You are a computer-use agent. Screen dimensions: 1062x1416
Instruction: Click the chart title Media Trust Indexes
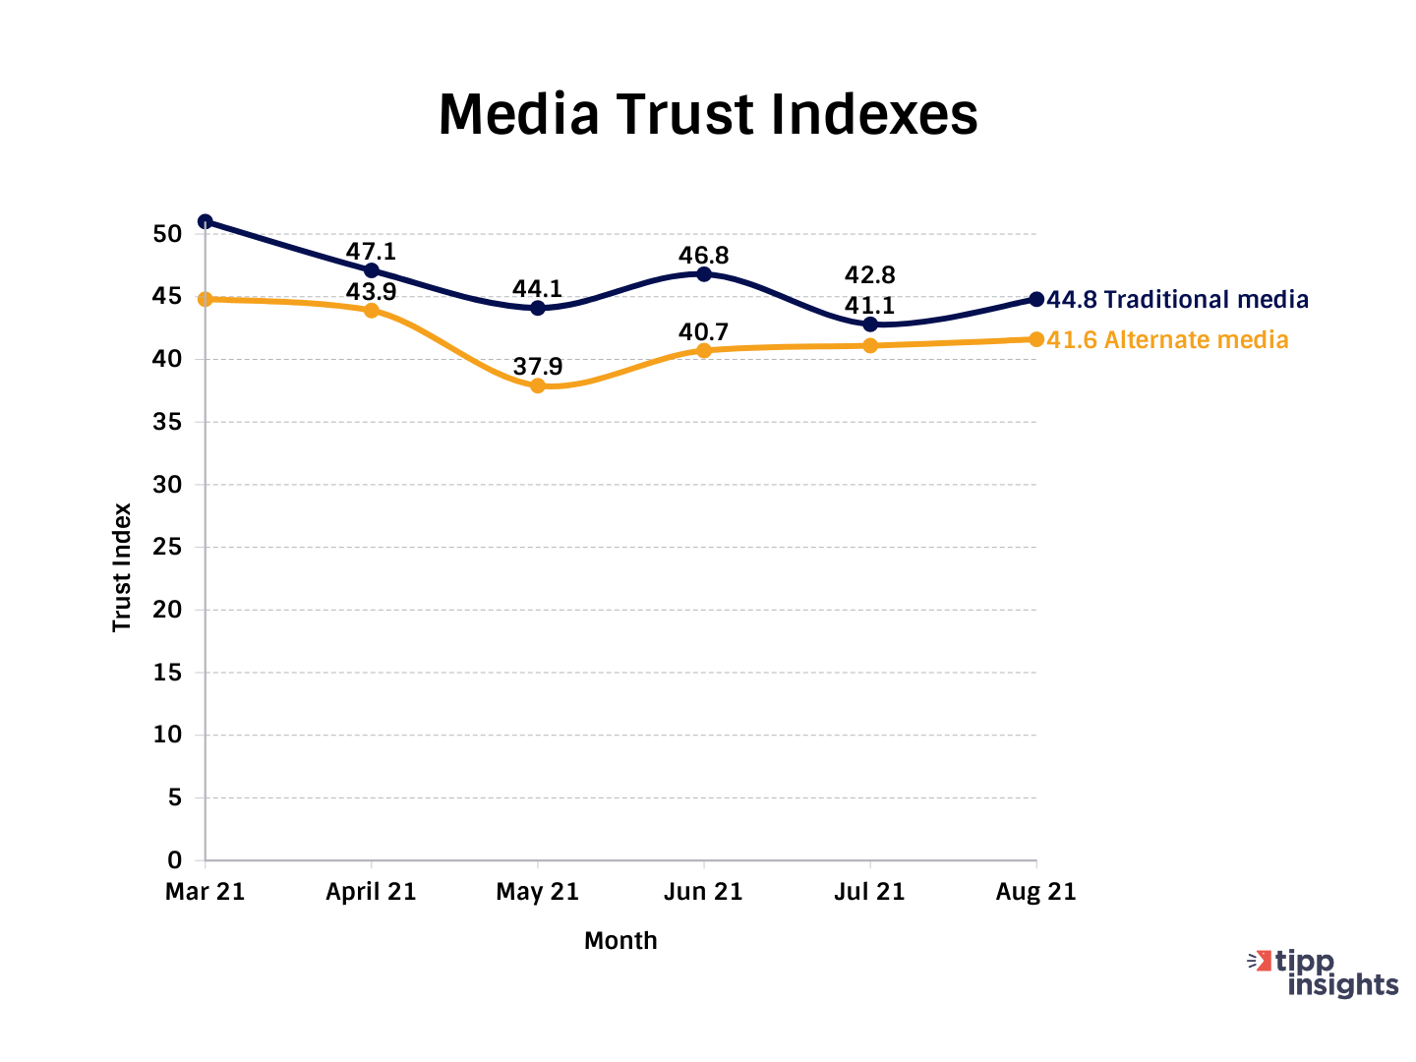pyautogui.click(x=707, y=114)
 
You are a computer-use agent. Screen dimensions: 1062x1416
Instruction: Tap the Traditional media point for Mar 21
pyautogui.click(x=206, y=221)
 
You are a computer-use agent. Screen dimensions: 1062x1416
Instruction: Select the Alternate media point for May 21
pyautogui.click(x=538, y=385)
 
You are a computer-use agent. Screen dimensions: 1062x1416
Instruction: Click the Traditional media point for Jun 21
pyautogui.click(x=704, y=274)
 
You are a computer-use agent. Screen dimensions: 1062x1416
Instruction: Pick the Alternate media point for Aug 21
pyautogui.click(x=1036, y=339)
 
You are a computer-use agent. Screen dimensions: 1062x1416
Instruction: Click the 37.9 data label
pyautogui.click(x=538, y=368)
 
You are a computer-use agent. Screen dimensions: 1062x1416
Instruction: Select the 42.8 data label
pyautogui.click(x=870, y=275)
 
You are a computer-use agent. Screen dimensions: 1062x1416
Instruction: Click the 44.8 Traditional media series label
pyautogui.click(x=1178, y=300)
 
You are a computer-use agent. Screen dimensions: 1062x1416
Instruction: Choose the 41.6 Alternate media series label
pyautogui.click(x=1168, y=340)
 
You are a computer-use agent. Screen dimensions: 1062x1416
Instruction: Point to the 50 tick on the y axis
pyautogui.click(x=167, y=234)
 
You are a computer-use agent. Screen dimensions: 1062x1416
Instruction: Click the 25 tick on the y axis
pyautogui.click(x=167, y=547)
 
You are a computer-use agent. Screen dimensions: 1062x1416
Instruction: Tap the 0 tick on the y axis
pyautogui.click(x=174, y=860)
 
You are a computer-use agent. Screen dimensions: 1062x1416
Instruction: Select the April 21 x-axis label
pyautogui.click(x=371, y=892)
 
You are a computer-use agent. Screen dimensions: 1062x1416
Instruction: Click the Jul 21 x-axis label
pyautogui.click(x=869, y=892)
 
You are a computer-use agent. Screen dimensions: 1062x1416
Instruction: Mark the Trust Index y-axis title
pyautogui.click(x=122, y=567)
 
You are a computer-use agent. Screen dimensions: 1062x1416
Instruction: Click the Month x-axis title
pyautogui.click(x=620, y=941)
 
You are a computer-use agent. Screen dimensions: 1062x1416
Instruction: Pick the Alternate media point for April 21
pyautogui.click(x=372, y=311)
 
